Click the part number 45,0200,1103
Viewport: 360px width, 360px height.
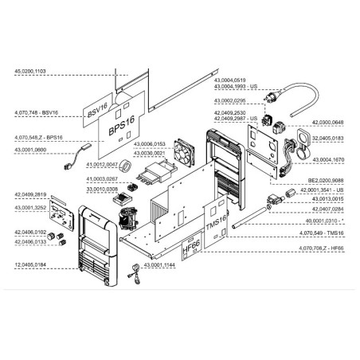click(x=30, y=72)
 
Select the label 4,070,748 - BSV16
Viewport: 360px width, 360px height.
click(x=36, y=115)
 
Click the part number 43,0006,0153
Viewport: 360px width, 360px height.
click(x=149, y=144)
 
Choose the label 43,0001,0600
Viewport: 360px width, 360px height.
click(x=30, y=151)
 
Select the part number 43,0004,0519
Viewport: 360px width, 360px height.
click(x=232, y=79)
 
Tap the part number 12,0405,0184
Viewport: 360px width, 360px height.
click(x=30, y=264)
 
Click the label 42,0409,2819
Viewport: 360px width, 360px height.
click(x=30, y=195)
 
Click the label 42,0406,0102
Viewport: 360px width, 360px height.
click(x=30, y=232)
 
